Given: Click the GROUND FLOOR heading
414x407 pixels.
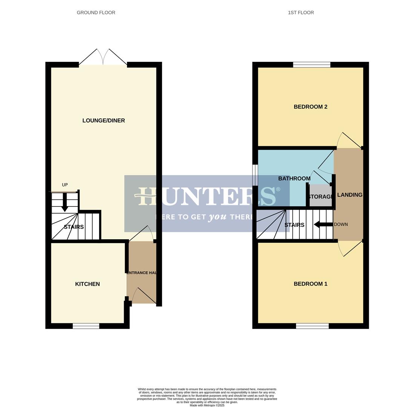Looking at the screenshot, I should (96, 12).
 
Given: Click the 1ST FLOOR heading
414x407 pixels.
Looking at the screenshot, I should (301, 12).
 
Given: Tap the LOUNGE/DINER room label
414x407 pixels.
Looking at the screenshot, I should (103, 121).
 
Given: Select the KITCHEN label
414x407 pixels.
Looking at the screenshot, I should (87, 284).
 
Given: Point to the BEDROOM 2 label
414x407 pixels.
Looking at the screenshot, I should (310, 107).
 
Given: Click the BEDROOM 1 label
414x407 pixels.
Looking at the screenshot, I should (310, 284).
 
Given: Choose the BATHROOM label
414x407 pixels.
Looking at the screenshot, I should (294, 178).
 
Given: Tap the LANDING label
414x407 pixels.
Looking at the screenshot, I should (350, 195).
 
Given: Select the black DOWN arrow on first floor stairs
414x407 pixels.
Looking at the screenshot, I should (323, 225).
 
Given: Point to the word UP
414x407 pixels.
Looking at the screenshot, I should (65, 185).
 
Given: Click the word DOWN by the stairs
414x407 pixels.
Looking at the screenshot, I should (341, 225).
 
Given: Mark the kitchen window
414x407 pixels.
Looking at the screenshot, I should (86, 326).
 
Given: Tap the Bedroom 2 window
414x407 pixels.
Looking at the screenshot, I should (312, 64).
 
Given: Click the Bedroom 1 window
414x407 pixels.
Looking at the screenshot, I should (312, 326).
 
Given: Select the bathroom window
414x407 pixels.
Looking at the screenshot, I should (255, 175).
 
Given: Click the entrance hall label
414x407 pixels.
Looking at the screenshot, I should (141, 273).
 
